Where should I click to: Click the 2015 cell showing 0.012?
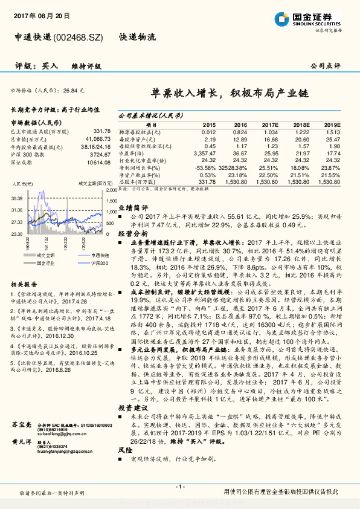tap(208, 131)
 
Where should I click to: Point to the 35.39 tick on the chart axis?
tap(16, 198)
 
